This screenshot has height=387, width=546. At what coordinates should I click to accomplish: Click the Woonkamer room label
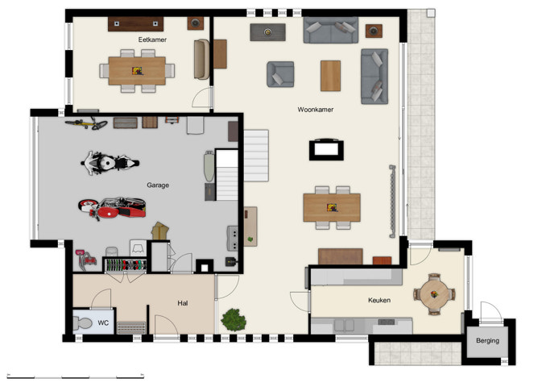point(315,109)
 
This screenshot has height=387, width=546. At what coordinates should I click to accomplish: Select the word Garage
point(158,185)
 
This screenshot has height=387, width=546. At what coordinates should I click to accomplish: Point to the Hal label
point(183,303)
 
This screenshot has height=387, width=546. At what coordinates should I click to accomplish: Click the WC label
point(103,322)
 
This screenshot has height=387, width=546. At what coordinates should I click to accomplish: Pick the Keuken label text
point(378,300)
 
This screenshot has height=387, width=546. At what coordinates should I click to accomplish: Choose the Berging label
point(487,340)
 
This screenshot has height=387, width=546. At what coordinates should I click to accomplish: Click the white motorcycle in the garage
point(106,163)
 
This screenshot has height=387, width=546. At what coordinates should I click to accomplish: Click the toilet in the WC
point(82,323)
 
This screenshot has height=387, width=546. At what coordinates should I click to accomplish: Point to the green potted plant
point(234,318)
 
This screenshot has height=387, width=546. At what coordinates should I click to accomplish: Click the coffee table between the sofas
point(330,75)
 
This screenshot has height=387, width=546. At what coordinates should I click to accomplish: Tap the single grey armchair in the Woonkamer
point(280,74)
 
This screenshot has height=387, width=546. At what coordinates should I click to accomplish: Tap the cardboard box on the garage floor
point(159,231)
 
